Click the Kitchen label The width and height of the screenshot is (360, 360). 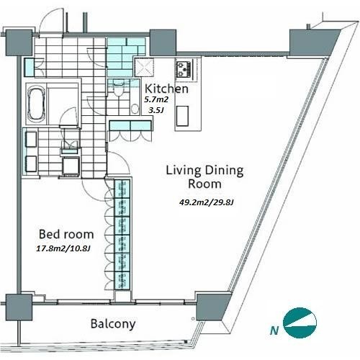[166, 89]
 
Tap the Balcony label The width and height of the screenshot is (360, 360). [113, 324]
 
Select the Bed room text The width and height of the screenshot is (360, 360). [66, 234]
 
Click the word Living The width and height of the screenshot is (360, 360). [184, 171]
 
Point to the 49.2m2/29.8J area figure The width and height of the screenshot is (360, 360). [207, 202]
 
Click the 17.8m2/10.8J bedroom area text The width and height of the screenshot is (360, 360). [63, 248]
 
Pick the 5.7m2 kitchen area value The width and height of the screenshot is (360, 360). [156, 99]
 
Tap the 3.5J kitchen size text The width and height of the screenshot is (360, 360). [156, 110]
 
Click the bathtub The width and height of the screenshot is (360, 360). [37, 104]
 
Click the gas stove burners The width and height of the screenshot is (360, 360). [184, 69]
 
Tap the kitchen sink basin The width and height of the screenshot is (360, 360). [182, 116]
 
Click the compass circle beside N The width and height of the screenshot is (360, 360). [300, 323]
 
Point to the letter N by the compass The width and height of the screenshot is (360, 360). [274, 330]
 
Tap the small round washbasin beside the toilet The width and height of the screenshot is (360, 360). [135, 109]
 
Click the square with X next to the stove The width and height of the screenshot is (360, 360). [144, 67]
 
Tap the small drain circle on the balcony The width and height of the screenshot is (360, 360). [193, 319]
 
